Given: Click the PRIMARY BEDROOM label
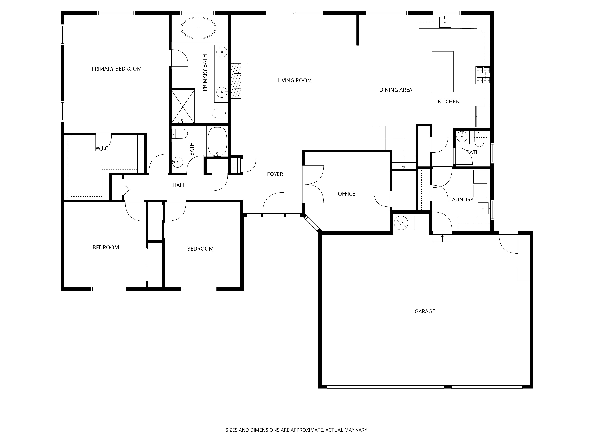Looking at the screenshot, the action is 117,69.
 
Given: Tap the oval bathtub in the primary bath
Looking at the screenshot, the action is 198,28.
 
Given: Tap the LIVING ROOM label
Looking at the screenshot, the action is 295,80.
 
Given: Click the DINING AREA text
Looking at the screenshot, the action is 396,90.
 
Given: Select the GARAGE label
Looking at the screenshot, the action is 425,311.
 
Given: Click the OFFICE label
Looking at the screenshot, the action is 346,194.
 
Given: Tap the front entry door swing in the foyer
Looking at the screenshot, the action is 273,204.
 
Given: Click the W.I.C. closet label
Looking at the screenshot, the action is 102,148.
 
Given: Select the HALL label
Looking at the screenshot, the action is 179,185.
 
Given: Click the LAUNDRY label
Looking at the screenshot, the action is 461,200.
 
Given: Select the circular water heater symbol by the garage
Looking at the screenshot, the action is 401,223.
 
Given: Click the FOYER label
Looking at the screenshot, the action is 275,174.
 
